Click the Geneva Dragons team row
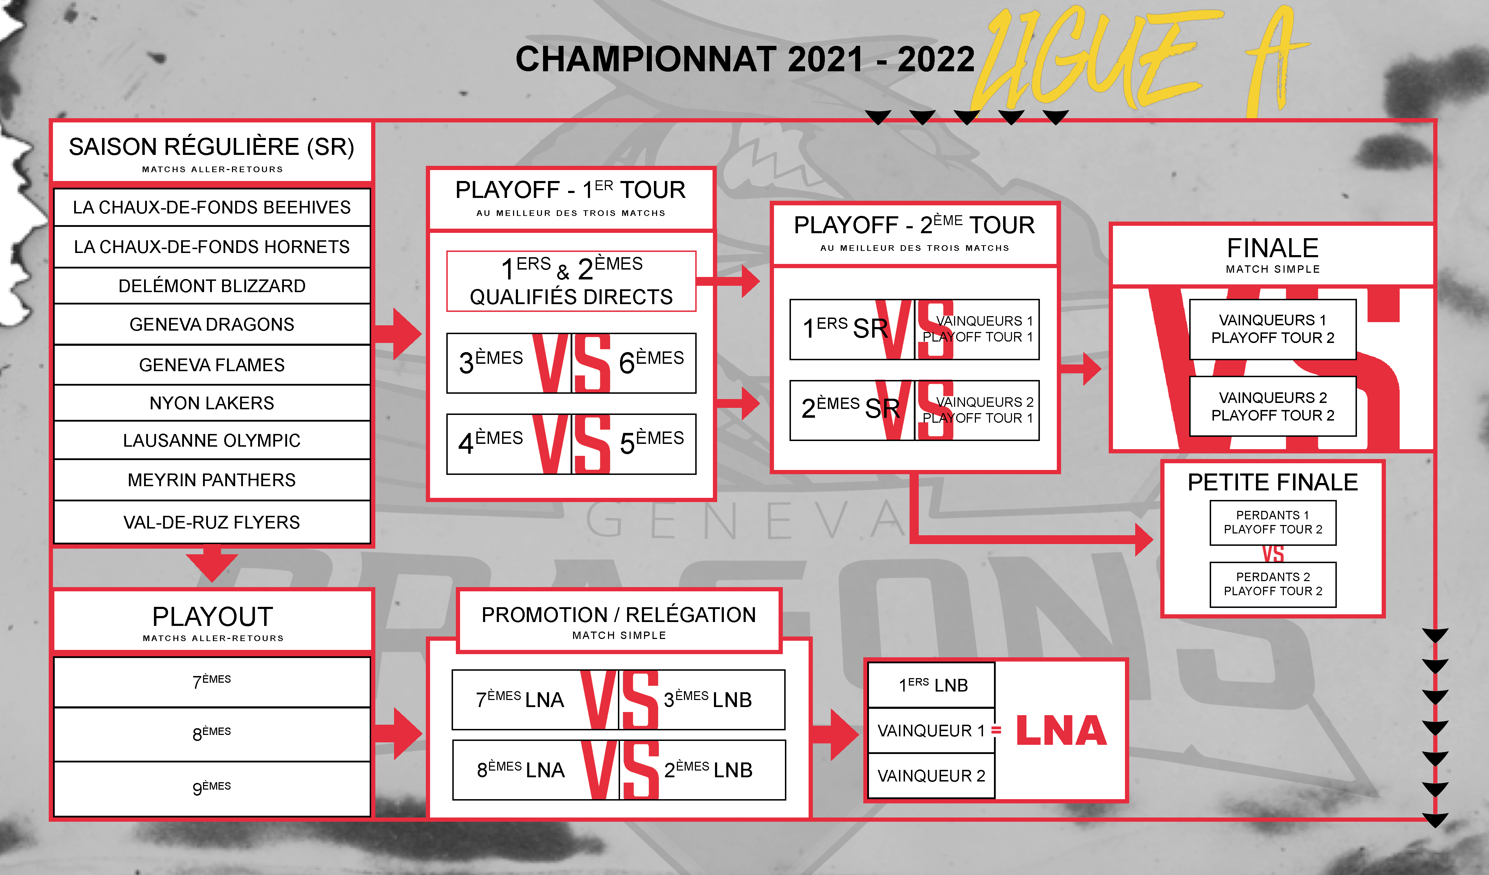212,324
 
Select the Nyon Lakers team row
212,403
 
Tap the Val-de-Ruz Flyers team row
212,522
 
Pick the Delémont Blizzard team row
212,286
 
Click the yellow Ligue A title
1140,62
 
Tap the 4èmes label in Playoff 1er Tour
490,442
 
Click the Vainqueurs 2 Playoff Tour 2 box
1273,406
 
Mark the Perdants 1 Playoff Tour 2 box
1273,523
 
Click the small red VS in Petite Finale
1273,554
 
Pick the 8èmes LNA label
520,769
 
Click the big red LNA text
1061,731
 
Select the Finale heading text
1273,248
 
